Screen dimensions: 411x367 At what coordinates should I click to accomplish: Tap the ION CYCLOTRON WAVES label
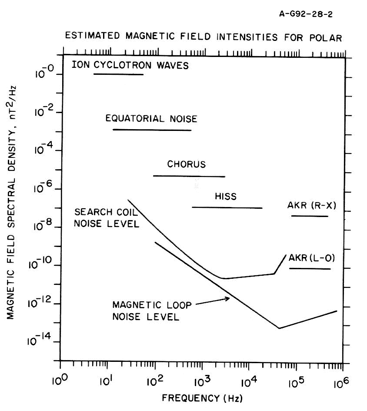[x=130, y=66]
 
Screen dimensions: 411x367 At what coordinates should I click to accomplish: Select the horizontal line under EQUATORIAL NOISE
[x=152, y=130]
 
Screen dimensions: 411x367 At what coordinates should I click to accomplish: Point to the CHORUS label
[x=186, y=164]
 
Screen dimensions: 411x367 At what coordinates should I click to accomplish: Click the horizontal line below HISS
[x=227, y=207]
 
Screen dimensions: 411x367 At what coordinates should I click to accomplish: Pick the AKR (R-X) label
[x=311, y=205]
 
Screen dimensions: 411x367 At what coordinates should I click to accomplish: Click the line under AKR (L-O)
[x=310, y=268]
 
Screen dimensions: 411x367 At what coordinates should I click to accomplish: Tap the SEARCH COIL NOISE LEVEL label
[x=107, y=218]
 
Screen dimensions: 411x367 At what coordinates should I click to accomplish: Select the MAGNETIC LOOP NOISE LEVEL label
[x=151, y=311]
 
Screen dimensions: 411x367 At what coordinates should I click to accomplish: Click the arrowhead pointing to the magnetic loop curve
[x=227, y=298]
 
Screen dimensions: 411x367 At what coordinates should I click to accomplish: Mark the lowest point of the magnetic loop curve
[x=279, y=328]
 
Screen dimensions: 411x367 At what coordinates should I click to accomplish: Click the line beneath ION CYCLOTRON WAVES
[x=118, y=74]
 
